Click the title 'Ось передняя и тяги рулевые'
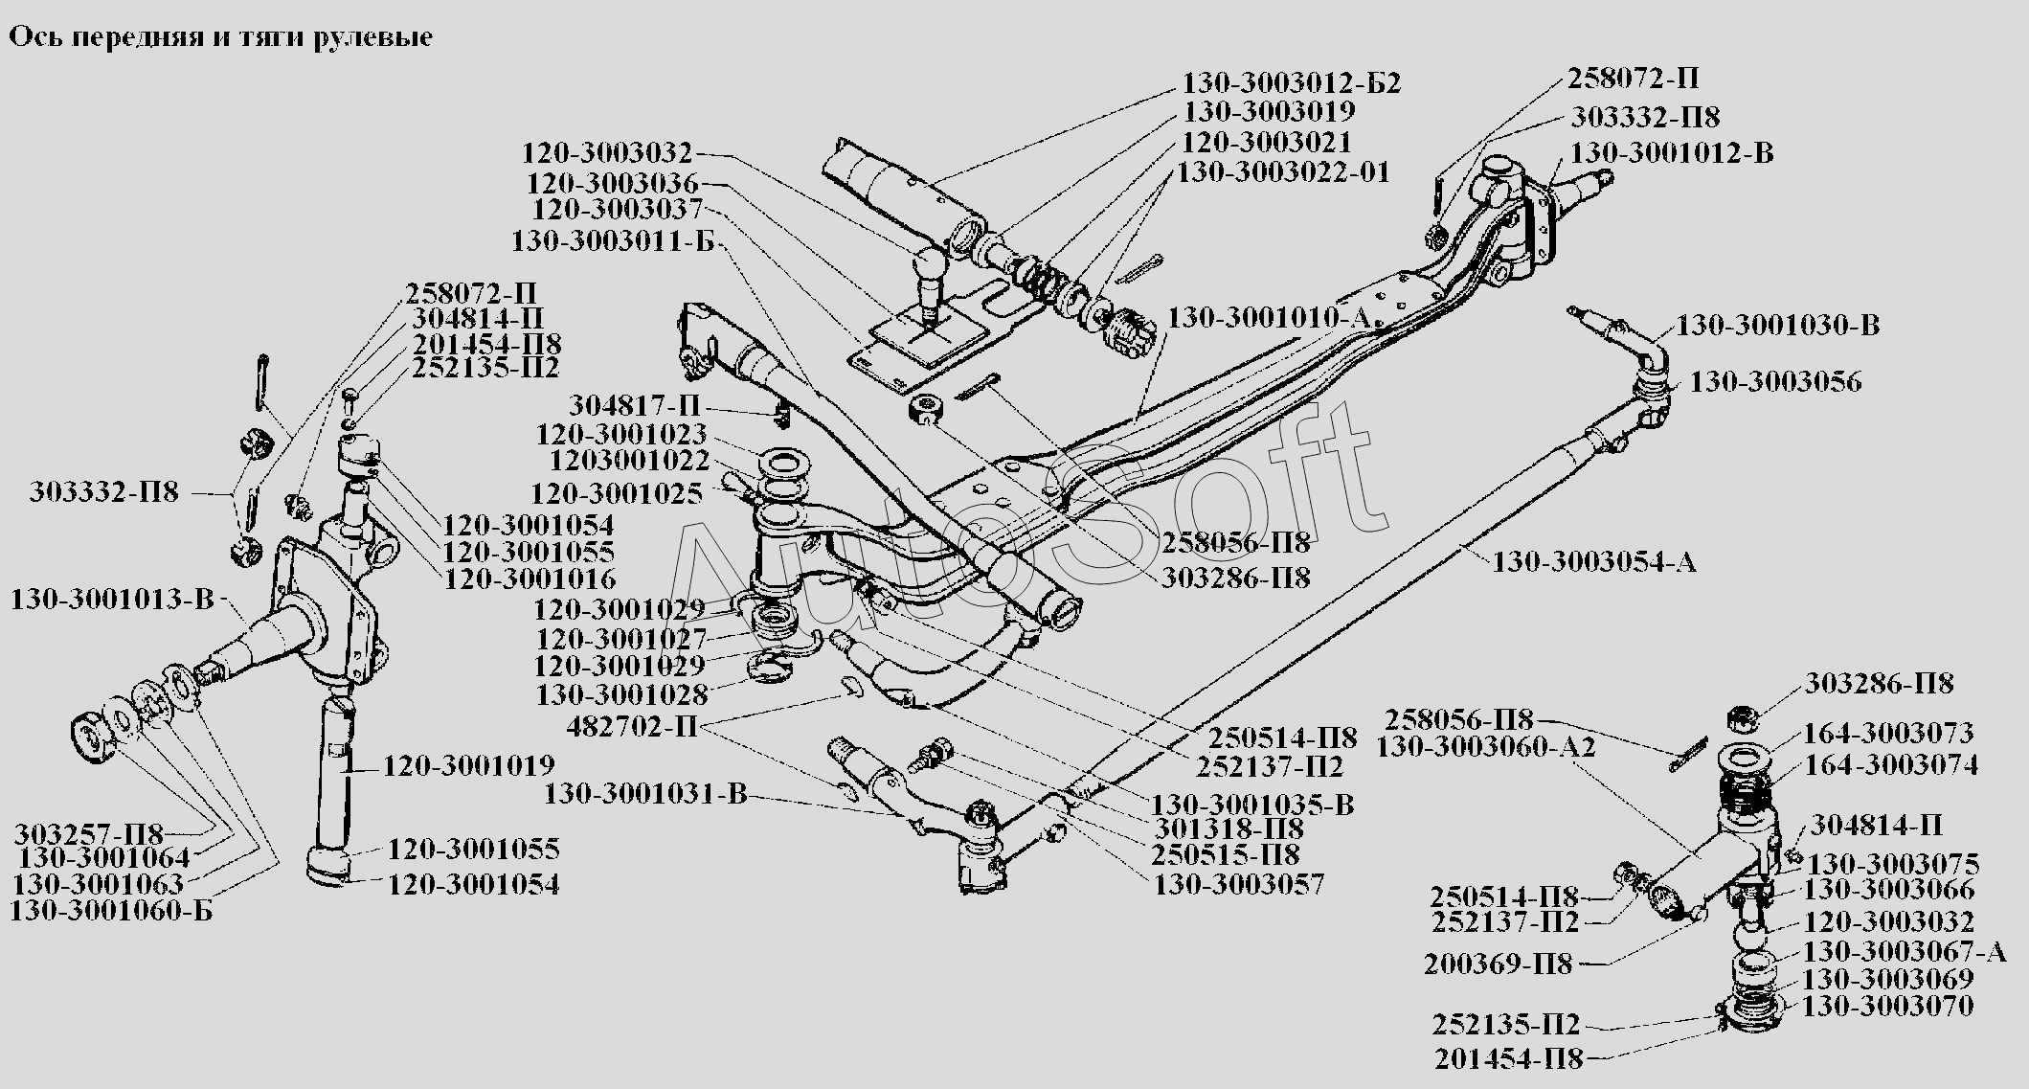coord(220,37)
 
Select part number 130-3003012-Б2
coord(1292,83)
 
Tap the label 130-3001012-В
coord(1672,153)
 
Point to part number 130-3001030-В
coord(1777,326)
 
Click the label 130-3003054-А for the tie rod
coord(1593,561)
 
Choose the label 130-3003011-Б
coord(613,240)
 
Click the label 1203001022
coord(629,462)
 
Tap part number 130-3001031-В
coord(644,794)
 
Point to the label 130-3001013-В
coord(112,601)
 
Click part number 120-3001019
coord(469,766)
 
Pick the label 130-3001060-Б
coord(111,911)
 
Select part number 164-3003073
coord(1889,734)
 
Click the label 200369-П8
coord(1499,964)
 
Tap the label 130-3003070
coord(1888,1007)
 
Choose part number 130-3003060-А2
coord(1486,747)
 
